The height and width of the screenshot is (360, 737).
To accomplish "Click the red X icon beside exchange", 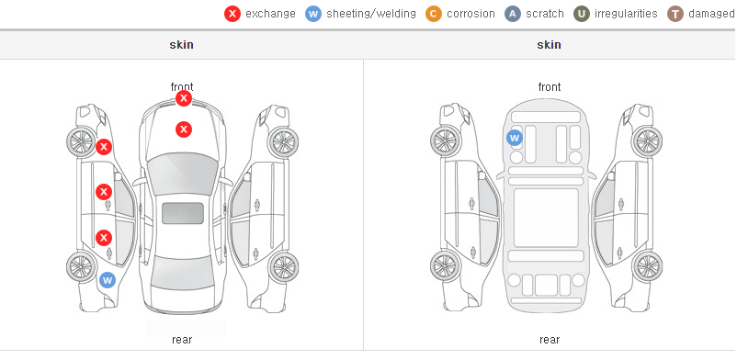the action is click(232, 14).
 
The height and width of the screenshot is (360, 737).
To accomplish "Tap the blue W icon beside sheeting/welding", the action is click(313, 14).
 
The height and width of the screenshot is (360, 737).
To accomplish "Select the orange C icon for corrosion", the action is click(434, 14).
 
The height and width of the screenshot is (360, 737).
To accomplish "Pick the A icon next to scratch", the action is click(513, 14).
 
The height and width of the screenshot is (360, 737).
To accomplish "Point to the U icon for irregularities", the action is click(582, 14).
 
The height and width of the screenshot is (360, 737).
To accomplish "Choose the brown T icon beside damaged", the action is click(675, 14).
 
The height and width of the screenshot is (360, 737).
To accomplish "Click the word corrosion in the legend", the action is click(471, 14).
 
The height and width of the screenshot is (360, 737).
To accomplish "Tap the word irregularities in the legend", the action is click(626, 14).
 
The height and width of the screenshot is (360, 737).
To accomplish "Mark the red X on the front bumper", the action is click(184, 98).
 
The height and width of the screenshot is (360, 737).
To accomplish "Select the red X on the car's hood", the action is click(184, 129).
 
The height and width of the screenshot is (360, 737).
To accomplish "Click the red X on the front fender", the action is click(104, 147).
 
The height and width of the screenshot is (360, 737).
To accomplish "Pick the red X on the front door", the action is click(104, 192).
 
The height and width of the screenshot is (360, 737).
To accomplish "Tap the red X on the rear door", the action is click(104, 238).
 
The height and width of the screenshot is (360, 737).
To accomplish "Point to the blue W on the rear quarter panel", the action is click(108, 281).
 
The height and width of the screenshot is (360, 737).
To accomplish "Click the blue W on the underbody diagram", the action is click(515, 138).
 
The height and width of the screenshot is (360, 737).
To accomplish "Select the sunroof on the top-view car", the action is click(183, 213).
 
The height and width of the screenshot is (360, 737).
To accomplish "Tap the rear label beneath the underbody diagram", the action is click(550, 339).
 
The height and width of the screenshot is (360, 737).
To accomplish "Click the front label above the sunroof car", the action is click(182, 87).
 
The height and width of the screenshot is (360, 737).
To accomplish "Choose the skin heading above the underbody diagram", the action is click(549, 45).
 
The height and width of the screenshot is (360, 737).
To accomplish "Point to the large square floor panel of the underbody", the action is click(546, 218).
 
